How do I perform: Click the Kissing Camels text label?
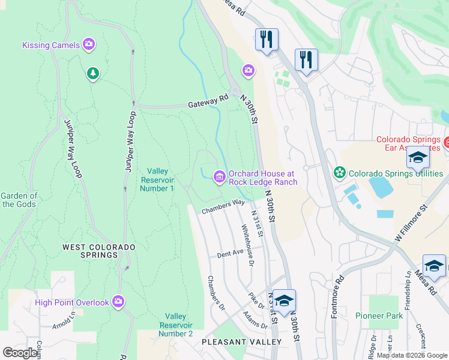[x=51, y=45]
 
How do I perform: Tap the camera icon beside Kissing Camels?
[x=89, y=44]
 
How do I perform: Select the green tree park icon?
[x=92, y=73]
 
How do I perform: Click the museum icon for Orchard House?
[x=219, y=176]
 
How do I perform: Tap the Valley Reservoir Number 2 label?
[x=175, y=325]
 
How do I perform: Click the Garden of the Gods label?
[x=19, y=200]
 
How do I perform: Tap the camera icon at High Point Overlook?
[x=118, y=301]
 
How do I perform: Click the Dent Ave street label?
[x=229, y=254]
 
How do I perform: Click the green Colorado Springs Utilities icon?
[x=340, y=173]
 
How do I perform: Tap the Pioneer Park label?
[x=379, y=316]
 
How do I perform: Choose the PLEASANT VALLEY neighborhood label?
[x=241, y=342]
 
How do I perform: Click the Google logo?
[x=20, y=353]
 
